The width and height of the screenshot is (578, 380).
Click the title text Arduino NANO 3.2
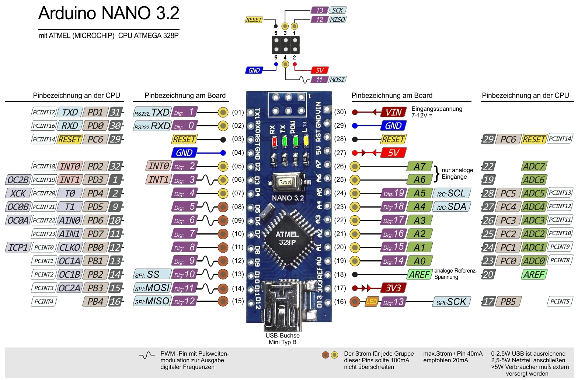coord(109,14)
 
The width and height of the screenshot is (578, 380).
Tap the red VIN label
coord(393,112)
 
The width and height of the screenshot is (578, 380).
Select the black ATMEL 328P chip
coord(287,238)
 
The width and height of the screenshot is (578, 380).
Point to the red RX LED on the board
coord(274,141)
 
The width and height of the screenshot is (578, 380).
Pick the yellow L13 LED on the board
coord(306,141)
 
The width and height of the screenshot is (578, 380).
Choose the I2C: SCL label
coord(452,194)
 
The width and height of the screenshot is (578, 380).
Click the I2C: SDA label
coord(452,207)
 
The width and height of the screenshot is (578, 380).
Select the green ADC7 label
coord(534,167)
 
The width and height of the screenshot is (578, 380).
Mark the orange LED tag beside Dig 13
coord(372,302)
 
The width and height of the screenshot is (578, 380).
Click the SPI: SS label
coord(152,274)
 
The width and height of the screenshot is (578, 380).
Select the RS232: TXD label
coord(152,113)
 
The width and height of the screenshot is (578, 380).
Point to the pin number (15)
coord(238,301)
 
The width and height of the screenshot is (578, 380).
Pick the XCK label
coord(18,194)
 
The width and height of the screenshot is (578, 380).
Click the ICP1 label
coord(18,247)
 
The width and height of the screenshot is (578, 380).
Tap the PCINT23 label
coord(43,234)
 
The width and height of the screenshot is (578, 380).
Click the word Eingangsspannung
coord(437,109)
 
